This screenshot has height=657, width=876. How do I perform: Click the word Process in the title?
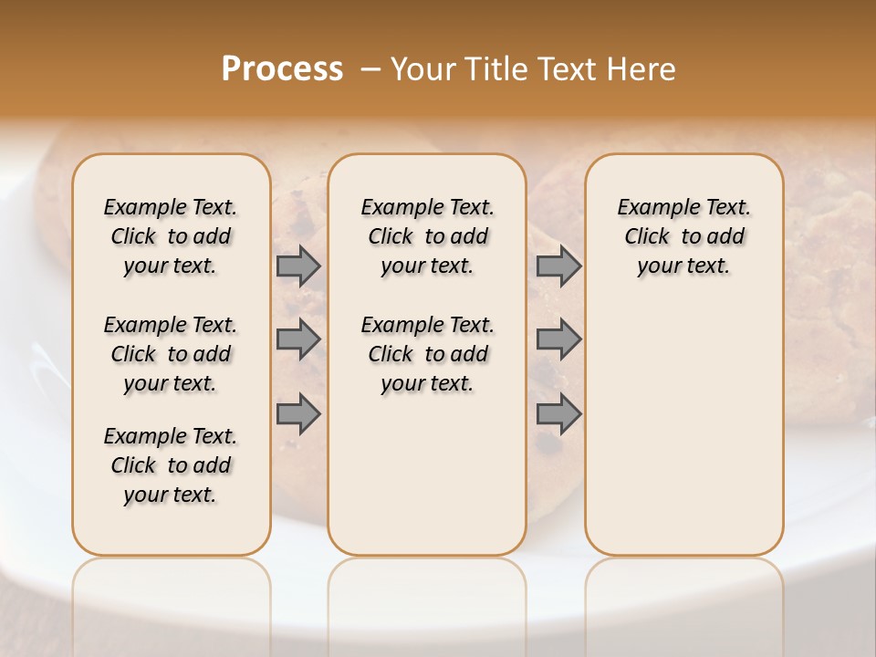282,69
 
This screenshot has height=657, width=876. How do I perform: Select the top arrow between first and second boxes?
298,266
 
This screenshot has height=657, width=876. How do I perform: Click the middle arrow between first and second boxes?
298,339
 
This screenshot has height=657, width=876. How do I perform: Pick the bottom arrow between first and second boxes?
298,414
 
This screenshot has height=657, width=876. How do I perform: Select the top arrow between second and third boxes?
558,266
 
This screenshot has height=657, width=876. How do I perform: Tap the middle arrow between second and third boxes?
558,339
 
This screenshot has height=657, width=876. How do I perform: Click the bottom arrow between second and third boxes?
558,414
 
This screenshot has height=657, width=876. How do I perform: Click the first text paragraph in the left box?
171,236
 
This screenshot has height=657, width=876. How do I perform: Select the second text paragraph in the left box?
171,354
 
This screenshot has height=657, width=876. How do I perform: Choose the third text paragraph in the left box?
171,465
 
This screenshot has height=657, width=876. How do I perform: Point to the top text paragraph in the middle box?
427,236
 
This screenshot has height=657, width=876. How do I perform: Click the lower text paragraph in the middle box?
427,354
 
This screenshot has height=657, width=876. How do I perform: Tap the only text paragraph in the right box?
683,236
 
